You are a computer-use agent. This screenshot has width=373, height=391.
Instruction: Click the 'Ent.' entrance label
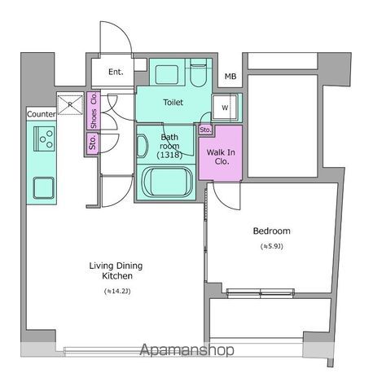click(115, 72)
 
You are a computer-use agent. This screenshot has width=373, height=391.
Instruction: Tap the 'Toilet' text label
click(173, 103)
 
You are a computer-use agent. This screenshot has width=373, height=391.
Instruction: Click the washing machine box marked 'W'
click(224, 107)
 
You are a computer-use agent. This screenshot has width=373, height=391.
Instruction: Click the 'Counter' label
click(41, 115)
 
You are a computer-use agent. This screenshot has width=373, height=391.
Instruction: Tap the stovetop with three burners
click(43, 140)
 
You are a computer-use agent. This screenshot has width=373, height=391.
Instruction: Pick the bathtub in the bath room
click(166, 182)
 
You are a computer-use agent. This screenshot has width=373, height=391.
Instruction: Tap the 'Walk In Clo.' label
click(221, 156)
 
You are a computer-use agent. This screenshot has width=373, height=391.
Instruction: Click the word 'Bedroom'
click(271, 231)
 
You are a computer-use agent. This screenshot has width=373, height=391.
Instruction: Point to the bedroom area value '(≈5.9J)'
click(271, 246)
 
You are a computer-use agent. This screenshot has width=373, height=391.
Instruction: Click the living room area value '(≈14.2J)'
click(116, 291)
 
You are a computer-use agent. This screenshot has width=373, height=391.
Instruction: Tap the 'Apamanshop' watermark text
click(187, 350)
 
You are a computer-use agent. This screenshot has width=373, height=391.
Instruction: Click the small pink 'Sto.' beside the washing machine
click(205, 130)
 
